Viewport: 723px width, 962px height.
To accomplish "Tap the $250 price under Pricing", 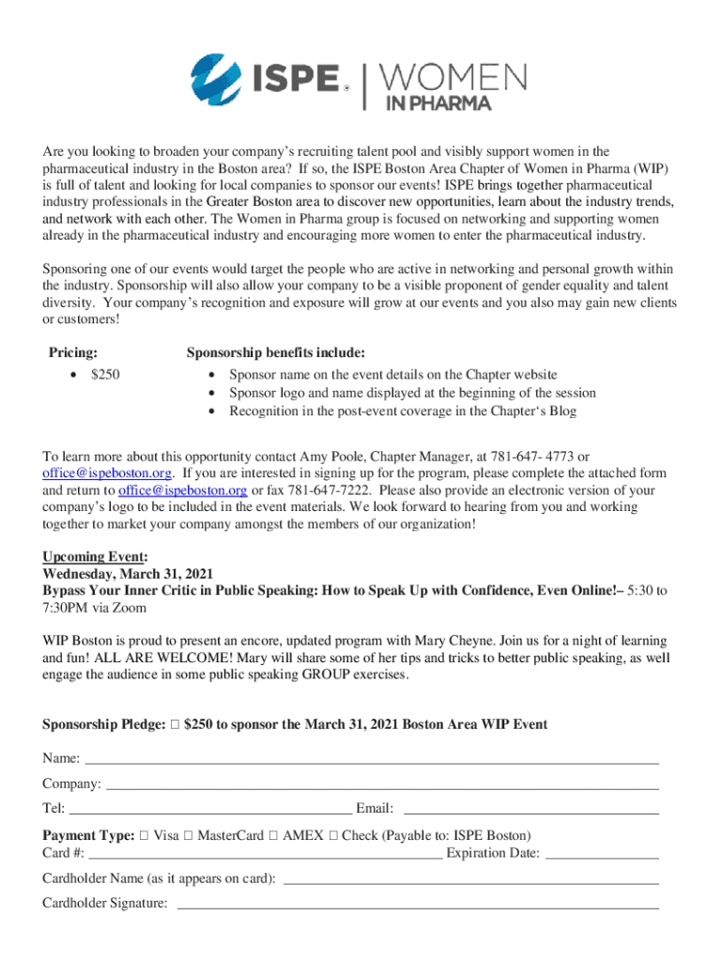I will click(x=104, y=375).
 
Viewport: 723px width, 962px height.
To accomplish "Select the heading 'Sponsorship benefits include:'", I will click(x=275, y=352).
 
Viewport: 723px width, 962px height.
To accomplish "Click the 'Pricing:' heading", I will click(x=73, y=352).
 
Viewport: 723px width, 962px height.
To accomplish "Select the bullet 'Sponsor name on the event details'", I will click(x=392, y=375).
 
